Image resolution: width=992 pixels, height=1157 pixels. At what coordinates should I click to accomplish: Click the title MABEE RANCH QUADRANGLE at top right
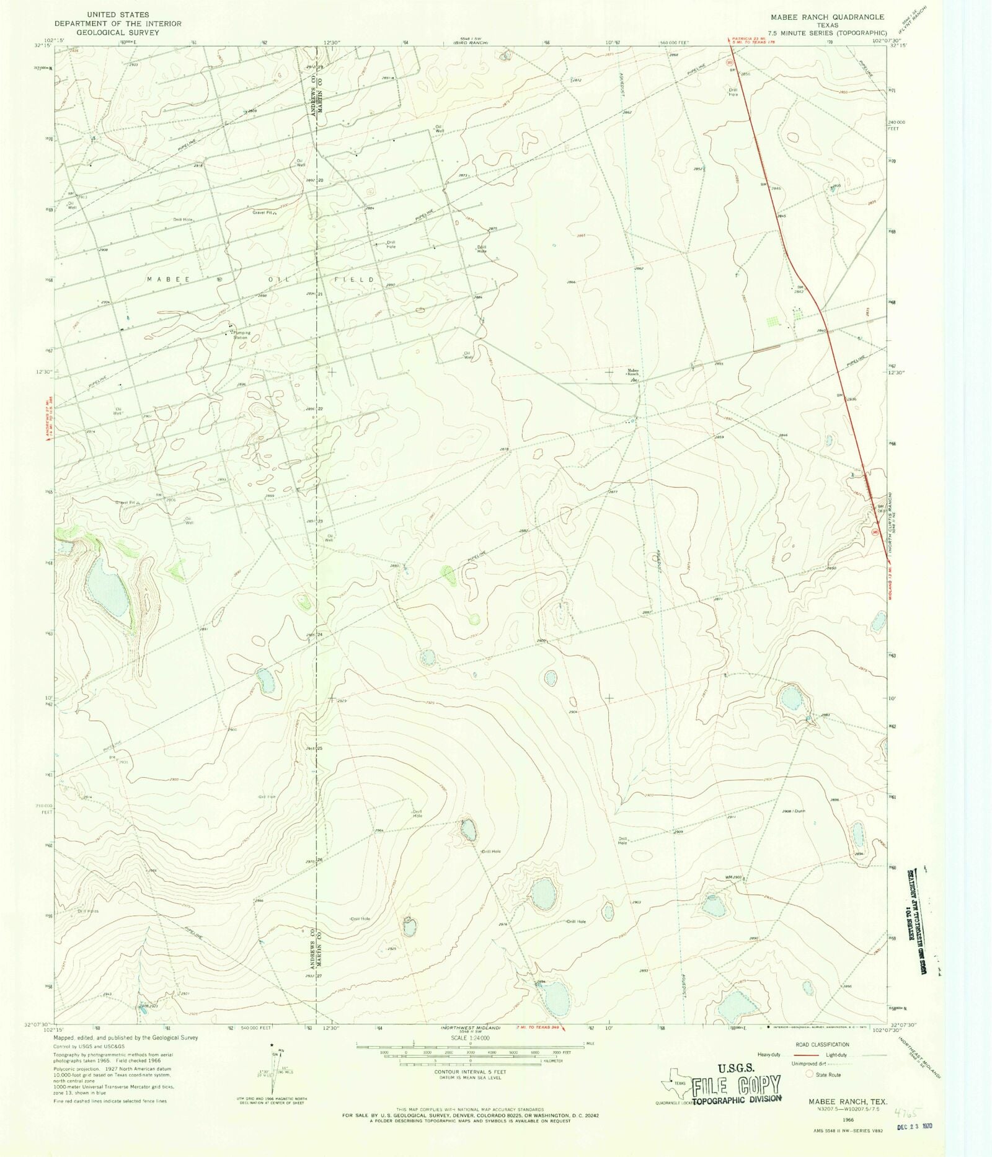[x=827, y=17]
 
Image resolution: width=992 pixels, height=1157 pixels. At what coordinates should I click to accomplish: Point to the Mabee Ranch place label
[x=632, y=372]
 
